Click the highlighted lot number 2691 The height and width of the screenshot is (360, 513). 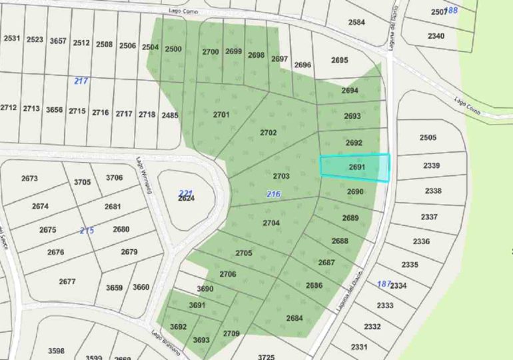pyautogui.click(x=358, y=168)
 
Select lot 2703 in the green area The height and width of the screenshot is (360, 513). pyautogui.click(x=281, y=176)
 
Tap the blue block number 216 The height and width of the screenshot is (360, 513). pyautogui.click(x=273, y=193)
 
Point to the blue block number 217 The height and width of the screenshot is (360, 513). pyautogui.click(x=81, y=81)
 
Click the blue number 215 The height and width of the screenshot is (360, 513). pyautogui.click(x=87, y=230)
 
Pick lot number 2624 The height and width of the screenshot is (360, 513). pyautogui.click(x=186, y=199)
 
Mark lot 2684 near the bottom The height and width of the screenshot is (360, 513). pyautogui.click(x=295, y=317)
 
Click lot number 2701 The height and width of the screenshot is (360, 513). pyautogui.click(x=221, y=115)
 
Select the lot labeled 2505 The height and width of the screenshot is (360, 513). pyautogui.click(x=428, y=137)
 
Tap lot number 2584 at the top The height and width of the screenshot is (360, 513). pyautogui.click(x=357, y=22)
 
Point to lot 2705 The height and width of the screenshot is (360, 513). pyautogui.click(x=244, y=253)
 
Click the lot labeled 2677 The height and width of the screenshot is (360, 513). pyautogui.click(x=67, y=281)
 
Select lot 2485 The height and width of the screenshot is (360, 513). pyautogui.click(x=170, y=115)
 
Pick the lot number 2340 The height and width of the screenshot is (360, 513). pyautogui.click(x=436, y=35)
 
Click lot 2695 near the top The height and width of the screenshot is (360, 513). pyautogui.click(x=340, y=60)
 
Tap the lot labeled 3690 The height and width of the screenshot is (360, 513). pyautogui.click(x=205, y=289)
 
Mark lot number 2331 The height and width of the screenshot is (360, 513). pyautogui.click(x=359, y=347)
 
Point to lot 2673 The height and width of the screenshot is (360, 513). pyautogui.click(x=30, y=178)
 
